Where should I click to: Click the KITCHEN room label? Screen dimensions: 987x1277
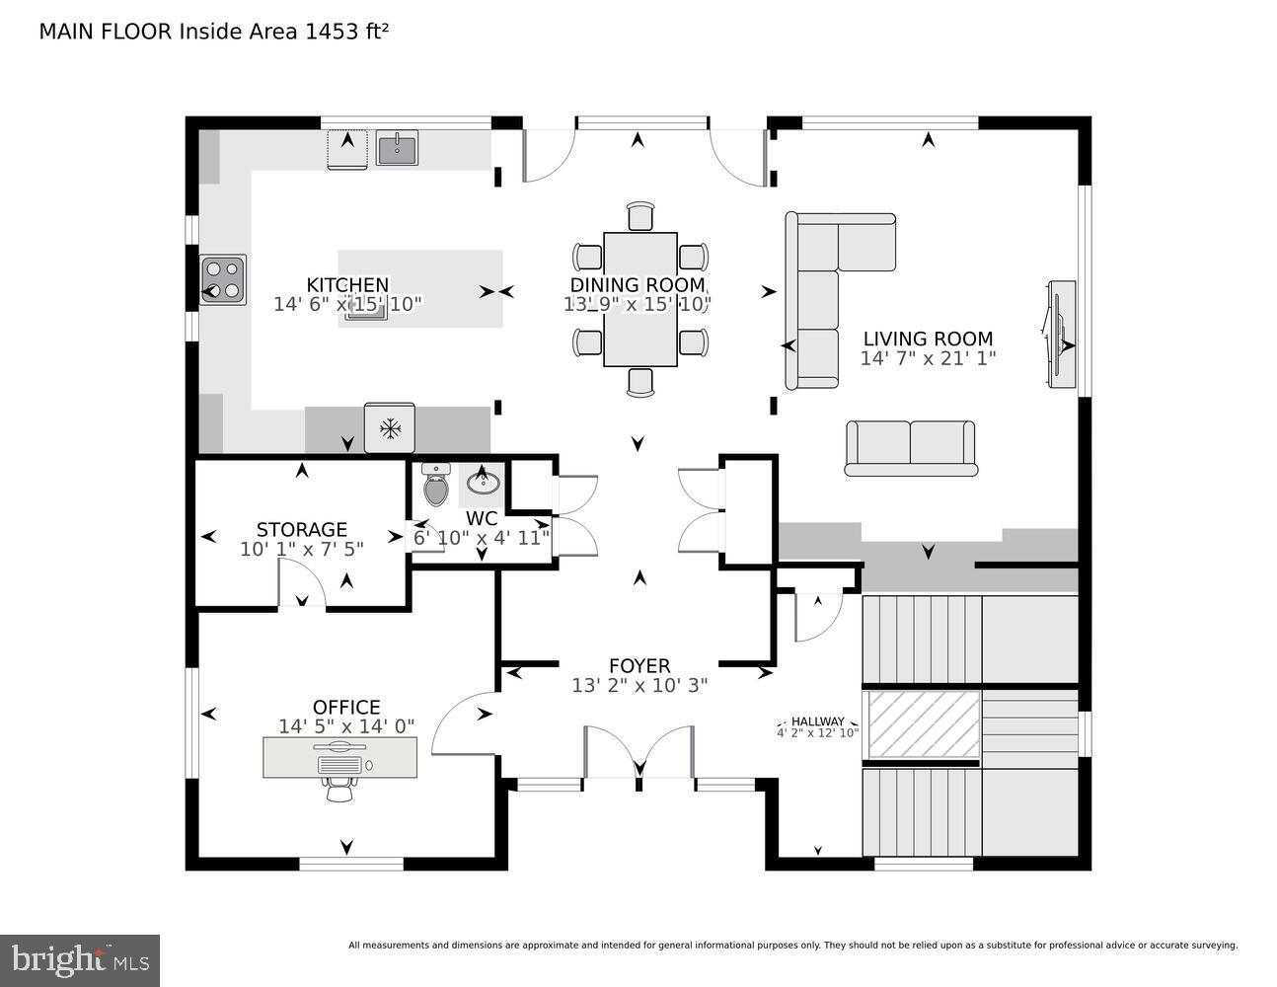point(347,284)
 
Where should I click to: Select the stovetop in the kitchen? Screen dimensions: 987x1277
point(223,278)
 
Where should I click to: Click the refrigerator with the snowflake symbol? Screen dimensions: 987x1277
point(390,428)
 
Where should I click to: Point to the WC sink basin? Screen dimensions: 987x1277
point(483,483)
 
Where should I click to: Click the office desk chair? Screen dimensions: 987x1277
point(339,788)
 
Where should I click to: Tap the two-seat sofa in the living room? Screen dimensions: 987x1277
point(909,447)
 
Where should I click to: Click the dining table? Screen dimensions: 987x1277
point(639,298)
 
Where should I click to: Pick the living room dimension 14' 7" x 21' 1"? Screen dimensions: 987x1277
point(928,358)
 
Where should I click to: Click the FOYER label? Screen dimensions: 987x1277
point(639,666)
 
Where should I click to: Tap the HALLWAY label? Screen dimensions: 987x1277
point(817,721)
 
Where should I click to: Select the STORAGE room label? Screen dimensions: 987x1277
point(301,530)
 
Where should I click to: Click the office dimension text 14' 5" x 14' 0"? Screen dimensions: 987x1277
point(346,726)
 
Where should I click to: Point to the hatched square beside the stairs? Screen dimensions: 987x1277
point(922,724)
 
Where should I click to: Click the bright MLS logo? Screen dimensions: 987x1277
point(80,959)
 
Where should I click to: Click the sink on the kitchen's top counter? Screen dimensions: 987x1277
point(397,148)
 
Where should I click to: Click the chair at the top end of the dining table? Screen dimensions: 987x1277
point(640,215)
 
